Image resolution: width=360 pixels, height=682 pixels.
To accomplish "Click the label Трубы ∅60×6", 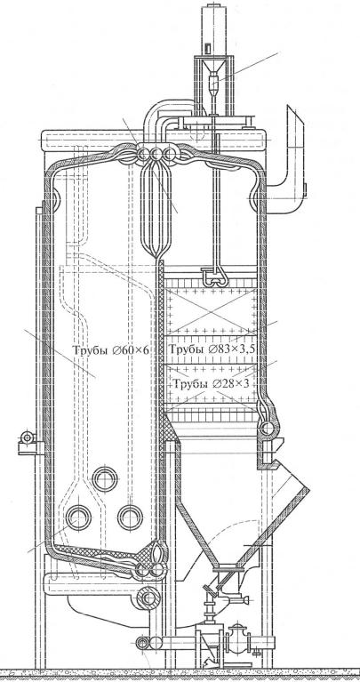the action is point(111,349).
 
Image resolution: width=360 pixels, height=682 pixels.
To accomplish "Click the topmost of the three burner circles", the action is point(104,478).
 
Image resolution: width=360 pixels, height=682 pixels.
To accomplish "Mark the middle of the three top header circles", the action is point(156,154).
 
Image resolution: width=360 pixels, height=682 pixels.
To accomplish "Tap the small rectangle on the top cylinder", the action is point(207,46).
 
